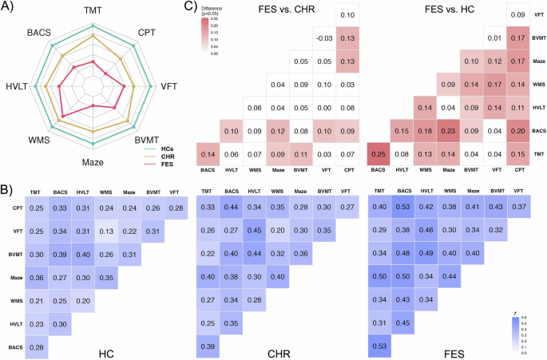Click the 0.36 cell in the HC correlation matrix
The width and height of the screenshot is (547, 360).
click(36, 277)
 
